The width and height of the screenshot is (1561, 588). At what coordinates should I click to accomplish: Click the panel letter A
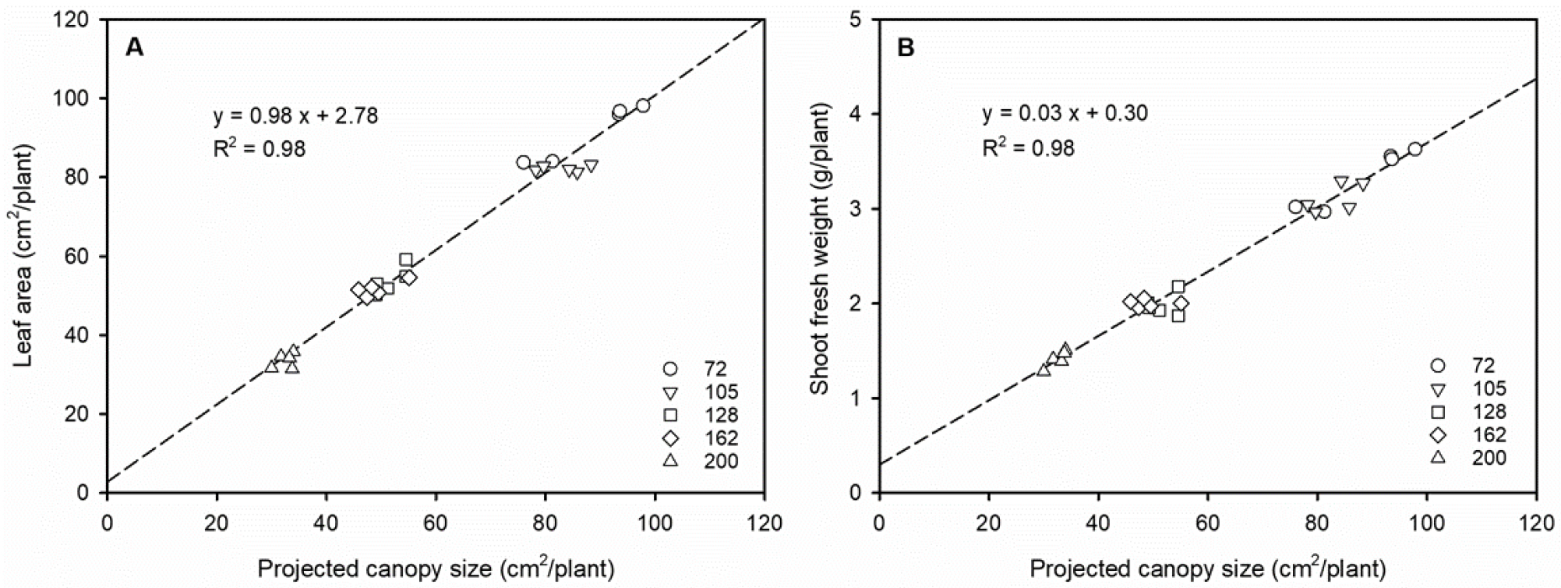click(135, 48)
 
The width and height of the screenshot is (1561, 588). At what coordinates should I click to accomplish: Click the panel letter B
click(906, 48)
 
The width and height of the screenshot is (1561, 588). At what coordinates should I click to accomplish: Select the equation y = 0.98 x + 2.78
click(295, 116)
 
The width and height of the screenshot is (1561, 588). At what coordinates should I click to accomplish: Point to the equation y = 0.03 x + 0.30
click(1064, 113)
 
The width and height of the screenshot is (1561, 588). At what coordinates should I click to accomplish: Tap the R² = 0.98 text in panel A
click(260, 148)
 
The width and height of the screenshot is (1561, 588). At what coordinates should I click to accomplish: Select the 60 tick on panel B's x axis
click(1207, 522)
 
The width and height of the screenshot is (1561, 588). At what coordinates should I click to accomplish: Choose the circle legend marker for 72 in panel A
click(669, 369)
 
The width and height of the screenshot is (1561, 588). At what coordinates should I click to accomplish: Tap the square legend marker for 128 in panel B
click(1438, 412)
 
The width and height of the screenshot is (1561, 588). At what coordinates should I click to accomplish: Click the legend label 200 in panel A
click(721, 461)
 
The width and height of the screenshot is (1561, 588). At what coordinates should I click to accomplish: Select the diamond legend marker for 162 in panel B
click(1438, 434)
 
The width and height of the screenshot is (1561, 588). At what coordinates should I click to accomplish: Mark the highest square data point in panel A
click(406, 260)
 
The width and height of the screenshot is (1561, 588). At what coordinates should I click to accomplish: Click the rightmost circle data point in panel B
click(1414, 149)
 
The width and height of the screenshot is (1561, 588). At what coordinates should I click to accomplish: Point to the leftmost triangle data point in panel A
click(270, 366)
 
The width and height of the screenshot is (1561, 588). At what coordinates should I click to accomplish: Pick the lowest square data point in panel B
click(1178, 316)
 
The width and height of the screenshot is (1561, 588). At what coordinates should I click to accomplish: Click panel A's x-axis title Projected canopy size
click(436, 569)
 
